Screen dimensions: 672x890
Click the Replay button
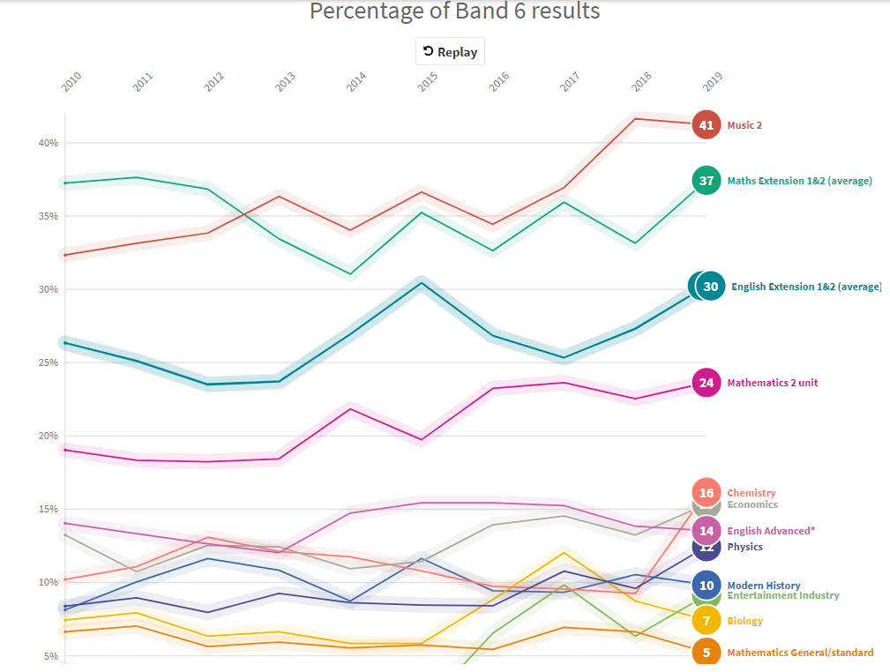pyautogui.click(x=450, y=52)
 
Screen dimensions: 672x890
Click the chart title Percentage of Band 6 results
pyautogui.click(x=454, y=11)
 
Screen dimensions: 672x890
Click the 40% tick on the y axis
pyautogui.click(x=48, y=143)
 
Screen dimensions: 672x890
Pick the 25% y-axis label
pyautogui.click(x=48, y=362)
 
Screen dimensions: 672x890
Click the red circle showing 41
pyautogui.click(x=707, y=125)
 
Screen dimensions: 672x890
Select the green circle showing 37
pyautogui.click(x=707, y=181)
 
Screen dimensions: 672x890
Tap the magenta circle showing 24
pyautogui.click(x=707, y=383)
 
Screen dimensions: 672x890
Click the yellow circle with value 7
pyautogui.click(x=707, y=621)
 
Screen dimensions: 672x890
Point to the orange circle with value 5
pyautogui.click(x=707, y=653)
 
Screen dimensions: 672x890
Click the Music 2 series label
pyautogui.click(x=744, y=125)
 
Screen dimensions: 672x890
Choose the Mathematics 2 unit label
pyautogui.click(x=772, y=383)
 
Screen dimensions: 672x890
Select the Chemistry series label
pyautogui.click(x=752, y=493)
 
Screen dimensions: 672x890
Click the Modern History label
pyautogui.click(x=763, y=586)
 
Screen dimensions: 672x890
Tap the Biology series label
pyautogui.click(x=745, y=621)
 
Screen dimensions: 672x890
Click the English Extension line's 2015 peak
pyautogui.click(x=422, y=283)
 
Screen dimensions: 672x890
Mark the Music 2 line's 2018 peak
pyautogui.click(x=635, y=119)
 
